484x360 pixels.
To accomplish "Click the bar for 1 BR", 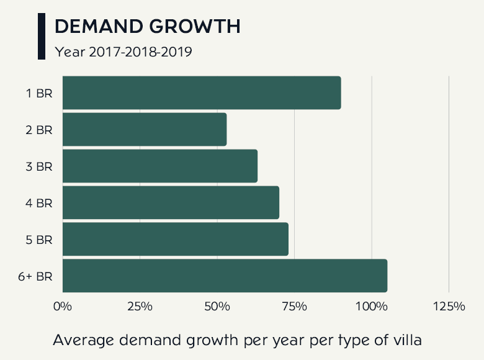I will [x=202, y=92].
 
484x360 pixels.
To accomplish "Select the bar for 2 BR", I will [x=145, y=129].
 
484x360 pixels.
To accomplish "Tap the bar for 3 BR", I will [x=160, y=166].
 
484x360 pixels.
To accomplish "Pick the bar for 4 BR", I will [x=171, y=202].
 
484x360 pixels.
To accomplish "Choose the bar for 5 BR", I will [x=176, y=239].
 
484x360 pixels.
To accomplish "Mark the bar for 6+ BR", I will [x=225, y=276].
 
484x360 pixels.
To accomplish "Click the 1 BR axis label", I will [x=39, y=93].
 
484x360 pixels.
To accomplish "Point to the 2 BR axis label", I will [x=39, y=130].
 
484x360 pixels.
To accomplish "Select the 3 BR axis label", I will [x=39, y=166].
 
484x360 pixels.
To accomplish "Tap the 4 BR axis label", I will [x=39, y=203].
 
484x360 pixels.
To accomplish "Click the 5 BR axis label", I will [x=39, y=240].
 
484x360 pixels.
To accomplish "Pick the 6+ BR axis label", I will [x=35, y=276].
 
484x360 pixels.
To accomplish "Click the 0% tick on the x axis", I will [x=63, y=307].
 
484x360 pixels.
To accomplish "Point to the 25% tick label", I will [x=140, y=307].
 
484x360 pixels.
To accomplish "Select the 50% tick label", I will [x=217, y=307].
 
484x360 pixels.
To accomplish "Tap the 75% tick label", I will [x=294, y=307].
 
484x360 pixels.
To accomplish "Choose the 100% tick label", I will [x=371, y=307].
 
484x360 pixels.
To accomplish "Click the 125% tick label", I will [x=449, y=307].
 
